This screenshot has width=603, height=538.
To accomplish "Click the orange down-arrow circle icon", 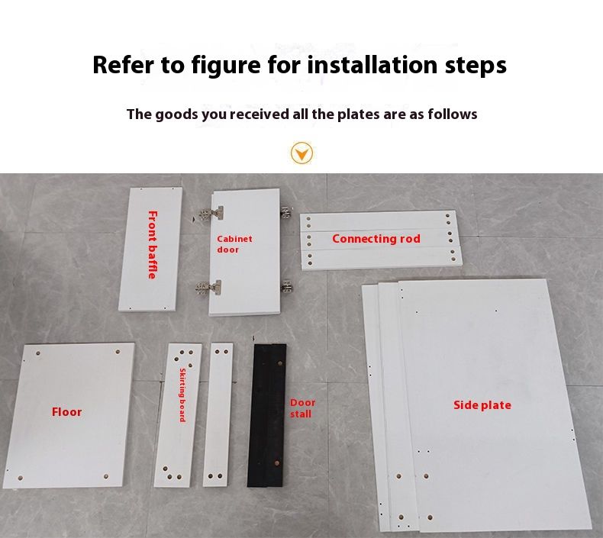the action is (x=302, y=153).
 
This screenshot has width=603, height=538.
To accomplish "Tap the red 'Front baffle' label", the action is (x=153, y=245).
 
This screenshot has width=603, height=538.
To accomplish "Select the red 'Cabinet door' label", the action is (x=234, y=244).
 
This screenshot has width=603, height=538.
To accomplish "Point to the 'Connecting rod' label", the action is (x=376, y=239).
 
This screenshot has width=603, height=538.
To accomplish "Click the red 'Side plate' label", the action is (x=482, y=405).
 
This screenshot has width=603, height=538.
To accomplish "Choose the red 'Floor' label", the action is (x=67, y=412).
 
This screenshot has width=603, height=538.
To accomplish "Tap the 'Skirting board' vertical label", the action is (x=182, y=395).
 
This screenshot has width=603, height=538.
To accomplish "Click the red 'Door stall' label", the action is (x=303, y=408).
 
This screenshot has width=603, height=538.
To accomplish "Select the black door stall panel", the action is (x=266, y=415).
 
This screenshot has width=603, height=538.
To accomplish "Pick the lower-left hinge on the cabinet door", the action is (x=209, y=287).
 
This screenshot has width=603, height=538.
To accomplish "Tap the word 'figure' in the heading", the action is (x=226, y=65).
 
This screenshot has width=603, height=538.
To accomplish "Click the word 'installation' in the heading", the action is (x=372, y=65).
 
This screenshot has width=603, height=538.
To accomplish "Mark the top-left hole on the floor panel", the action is (x=38, y=353).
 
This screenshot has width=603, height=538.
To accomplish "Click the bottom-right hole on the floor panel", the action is (x=106, y=476).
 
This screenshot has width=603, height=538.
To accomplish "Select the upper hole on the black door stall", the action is (x=280, y=363).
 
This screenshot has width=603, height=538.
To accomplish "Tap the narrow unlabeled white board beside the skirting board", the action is (x=218, y=414).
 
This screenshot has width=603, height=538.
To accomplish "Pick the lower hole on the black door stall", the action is (x=276, y=463).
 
